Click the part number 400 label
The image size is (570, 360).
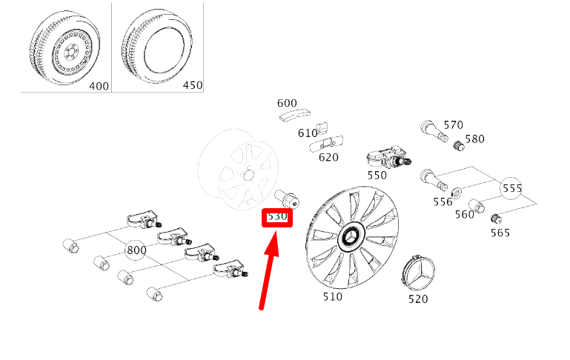point(99,86)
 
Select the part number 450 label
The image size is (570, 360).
point(192,85)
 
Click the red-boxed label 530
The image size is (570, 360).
point(277,218)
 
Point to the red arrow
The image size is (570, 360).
point(269,270)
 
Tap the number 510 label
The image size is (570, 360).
point(332,296)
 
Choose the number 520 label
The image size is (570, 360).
point(419,300)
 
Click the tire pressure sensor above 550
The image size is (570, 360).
point(388,159)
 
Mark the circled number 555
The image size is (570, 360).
point(512,188)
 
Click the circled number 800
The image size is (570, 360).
point(136,250)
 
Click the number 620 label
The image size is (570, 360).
point(328,157)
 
